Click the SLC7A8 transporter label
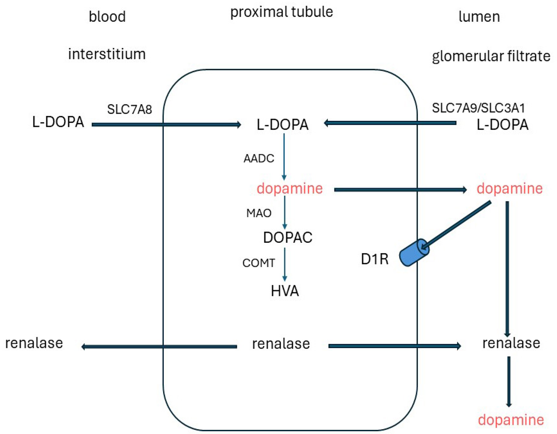[x=129, y=109]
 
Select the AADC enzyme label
[x=259, y=159]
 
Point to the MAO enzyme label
[x=259, y=213]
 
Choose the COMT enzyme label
[x=259, y=263]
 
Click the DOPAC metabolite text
[x=288, y=237]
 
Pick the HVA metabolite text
[x=285, y=291]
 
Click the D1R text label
[x=375, y=259]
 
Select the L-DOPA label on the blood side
[x=58, y=122]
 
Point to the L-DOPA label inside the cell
[x=283, y=125]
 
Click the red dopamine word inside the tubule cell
[x=290, y=189]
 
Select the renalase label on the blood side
[x=34, y=343]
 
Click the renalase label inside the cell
[x=281, y=344]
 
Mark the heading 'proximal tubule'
[x=282, y=12]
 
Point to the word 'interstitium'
[x=107, y=54]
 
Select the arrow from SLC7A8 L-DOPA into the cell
[x=167, y=125]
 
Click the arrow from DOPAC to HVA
[x=285, y=264]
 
